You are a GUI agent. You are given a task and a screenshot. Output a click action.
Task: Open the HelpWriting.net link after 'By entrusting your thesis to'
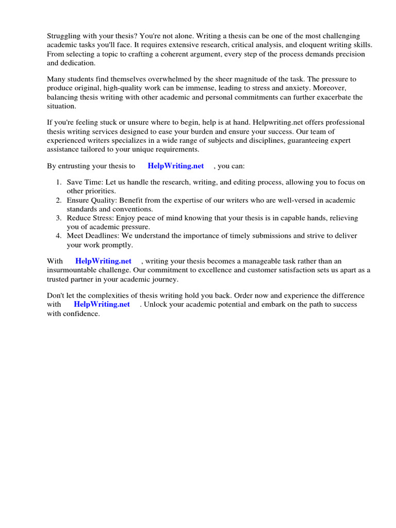175,166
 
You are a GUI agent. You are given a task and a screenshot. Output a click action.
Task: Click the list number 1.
58,182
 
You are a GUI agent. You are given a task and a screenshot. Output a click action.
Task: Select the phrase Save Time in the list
84,182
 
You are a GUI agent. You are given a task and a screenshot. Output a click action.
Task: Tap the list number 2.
58,200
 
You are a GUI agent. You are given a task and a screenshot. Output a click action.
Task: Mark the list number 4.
58,236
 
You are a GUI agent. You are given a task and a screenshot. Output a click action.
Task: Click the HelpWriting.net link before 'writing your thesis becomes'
103,261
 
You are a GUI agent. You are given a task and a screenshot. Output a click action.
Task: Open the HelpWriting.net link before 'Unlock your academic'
102,304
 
